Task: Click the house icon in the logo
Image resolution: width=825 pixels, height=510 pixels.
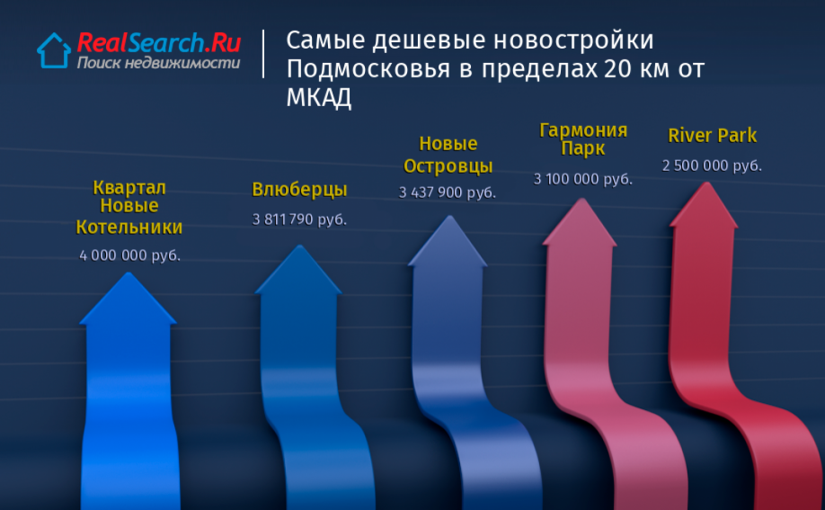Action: [54, 50]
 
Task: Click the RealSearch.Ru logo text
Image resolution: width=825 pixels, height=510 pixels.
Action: [159, 42]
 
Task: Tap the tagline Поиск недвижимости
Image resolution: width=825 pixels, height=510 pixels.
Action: [158, 63]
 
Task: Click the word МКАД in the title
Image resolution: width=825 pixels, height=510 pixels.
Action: [318, 97]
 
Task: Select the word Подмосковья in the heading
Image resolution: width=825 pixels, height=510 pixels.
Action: [368, 69]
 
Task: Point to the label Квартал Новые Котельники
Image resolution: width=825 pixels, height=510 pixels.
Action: [129, 207]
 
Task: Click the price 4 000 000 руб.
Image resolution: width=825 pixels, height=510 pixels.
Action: [129, 255]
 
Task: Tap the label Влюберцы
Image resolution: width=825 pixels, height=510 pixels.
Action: [299, 189]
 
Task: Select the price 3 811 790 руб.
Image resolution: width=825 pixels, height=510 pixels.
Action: [299, 219]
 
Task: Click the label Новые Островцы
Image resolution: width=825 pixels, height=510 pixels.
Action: [448, 155]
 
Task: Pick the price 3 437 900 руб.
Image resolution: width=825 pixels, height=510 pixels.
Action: [448, 192]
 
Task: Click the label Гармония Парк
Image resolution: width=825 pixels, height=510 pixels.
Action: [583, 139]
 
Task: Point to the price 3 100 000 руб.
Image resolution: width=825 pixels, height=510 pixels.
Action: [583, 179]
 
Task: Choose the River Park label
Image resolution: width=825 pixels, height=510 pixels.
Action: [712, 136]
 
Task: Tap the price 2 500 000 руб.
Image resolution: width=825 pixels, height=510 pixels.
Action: [712, 166]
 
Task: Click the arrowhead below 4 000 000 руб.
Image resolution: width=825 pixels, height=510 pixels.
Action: [128, 300]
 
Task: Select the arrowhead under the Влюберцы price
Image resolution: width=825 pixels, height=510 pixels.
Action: [299, 272]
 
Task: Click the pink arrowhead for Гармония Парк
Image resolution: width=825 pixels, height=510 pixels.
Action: [581, 223]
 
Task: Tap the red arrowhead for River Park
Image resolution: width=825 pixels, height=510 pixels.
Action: [705, 206]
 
